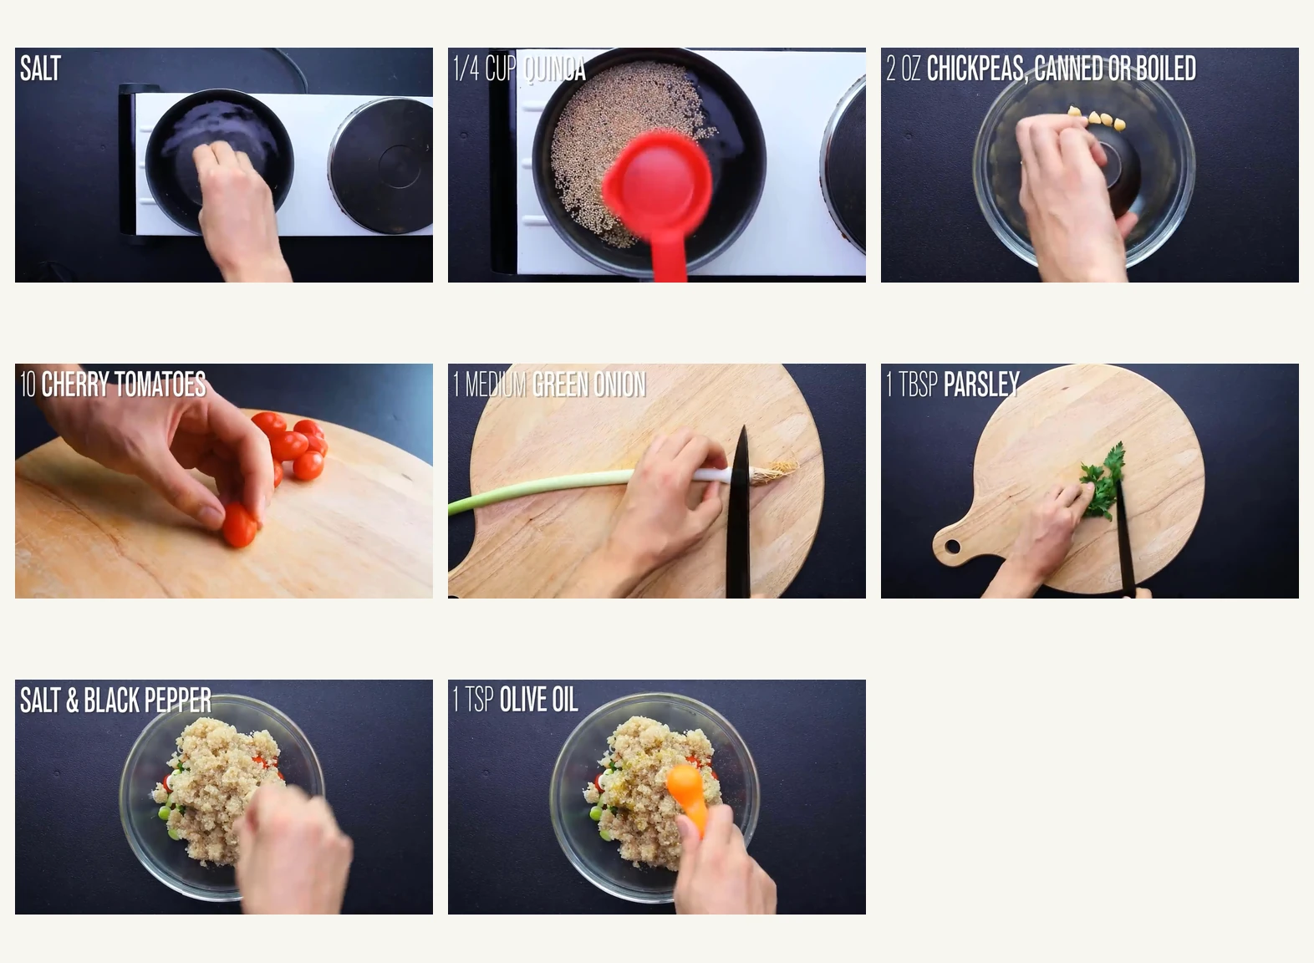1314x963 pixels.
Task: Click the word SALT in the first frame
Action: (40, 69)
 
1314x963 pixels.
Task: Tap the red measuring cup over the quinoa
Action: (659, 189)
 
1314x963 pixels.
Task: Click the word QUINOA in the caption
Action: (553, 69)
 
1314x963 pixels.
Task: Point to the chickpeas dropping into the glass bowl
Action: (1097, 120)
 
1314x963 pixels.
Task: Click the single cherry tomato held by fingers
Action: (238, 527)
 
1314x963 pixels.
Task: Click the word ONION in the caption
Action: (618, 385)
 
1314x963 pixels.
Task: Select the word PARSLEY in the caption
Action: (980, 385)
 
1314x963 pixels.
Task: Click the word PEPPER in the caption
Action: (181, 701)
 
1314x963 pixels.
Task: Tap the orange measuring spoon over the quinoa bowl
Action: (685, 789)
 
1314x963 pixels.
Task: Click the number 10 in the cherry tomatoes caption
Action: (28, 385)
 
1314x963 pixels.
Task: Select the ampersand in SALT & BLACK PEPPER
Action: (73, 701)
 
